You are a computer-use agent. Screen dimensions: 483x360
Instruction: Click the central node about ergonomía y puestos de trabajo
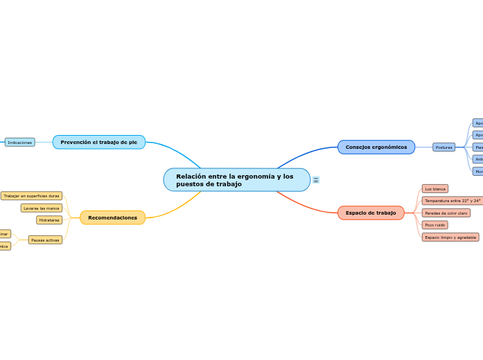236,180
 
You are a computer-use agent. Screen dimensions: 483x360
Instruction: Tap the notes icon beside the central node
316,180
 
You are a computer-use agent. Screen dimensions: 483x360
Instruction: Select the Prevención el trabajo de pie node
99,142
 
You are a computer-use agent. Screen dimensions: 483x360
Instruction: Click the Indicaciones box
20,142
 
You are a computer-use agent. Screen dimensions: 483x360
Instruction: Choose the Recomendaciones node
112,217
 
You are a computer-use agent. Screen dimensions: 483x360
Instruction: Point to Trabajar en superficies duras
31,196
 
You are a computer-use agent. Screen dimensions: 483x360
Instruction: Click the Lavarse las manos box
42,208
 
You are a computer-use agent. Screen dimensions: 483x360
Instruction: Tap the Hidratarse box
49,220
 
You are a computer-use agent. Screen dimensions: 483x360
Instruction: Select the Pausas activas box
45,240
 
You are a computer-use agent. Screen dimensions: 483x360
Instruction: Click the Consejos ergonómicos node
376,147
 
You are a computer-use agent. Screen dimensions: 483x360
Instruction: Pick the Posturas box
444,147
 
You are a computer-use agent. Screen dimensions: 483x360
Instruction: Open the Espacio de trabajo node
371,213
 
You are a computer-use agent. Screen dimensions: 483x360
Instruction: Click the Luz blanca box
435,189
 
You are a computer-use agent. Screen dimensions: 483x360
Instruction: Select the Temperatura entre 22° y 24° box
453,201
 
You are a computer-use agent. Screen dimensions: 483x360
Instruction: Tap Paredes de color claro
446,213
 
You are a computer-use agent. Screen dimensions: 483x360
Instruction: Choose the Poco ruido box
435,225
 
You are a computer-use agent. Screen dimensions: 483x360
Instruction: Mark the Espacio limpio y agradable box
450,237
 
